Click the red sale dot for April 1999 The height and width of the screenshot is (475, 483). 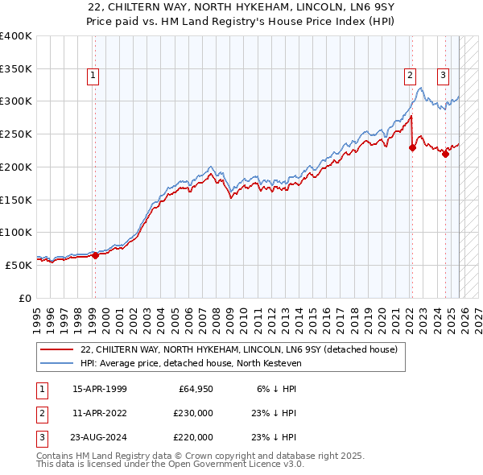point(95,255)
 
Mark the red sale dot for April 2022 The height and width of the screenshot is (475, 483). point(412,147)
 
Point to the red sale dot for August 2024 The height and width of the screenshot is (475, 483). point(445,154)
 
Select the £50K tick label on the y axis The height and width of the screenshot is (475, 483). point(19,265)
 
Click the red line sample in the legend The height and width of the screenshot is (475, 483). point(57,349)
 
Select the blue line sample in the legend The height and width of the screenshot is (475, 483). point(57,363)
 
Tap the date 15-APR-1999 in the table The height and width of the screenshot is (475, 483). point(100,389)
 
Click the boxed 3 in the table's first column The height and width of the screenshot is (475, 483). point(40,437)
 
